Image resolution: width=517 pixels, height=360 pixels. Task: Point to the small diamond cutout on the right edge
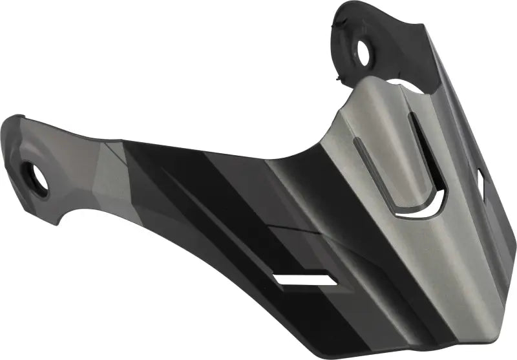tap(483, 177)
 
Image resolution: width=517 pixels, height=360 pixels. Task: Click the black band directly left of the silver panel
tap(310, 194)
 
